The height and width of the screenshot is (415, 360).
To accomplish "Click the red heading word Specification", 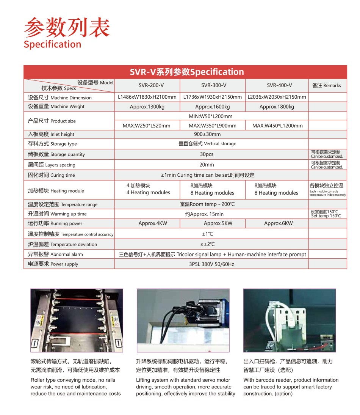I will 52,44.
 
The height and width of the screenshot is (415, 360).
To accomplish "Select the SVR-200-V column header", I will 147,85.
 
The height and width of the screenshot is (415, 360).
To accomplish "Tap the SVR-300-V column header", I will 213,85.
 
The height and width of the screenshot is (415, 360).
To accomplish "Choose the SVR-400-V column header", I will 277,85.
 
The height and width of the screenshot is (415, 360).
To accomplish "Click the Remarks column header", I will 327,85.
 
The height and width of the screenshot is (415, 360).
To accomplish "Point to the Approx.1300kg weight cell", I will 147,107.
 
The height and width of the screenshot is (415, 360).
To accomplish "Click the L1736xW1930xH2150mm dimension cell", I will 213,97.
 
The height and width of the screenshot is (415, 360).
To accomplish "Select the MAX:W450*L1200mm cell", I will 277,126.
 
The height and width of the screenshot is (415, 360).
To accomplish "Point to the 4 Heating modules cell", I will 148,193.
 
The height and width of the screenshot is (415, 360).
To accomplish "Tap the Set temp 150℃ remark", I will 326,216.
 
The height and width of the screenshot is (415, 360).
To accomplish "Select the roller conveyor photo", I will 77,320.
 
